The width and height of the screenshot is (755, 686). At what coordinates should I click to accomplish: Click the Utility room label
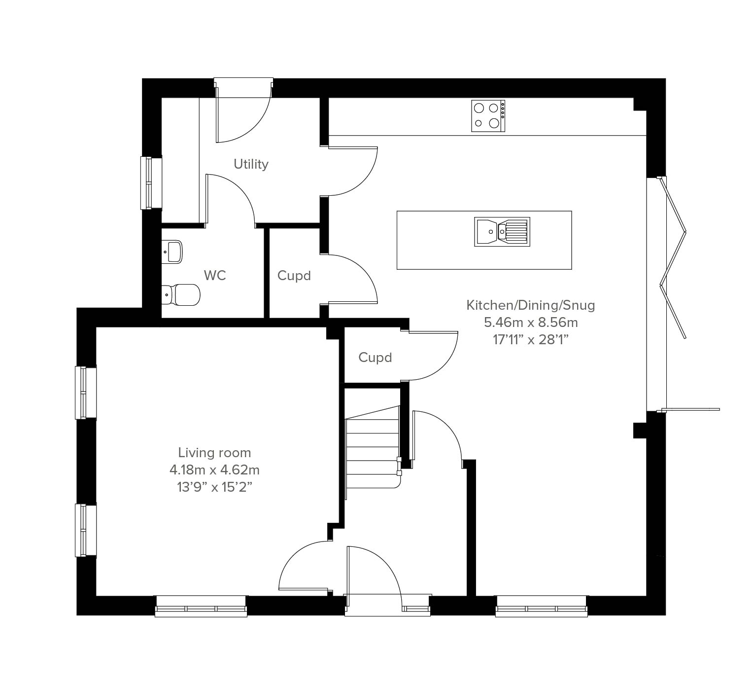(251, 164)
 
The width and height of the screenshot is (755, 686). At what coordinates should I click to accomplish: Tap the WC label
(215, 275)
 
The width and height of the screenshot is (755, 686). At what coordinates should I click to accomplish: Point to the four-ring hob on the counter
(488, 116)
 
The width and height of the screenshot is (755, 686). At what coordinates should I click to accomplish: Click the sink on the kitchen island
(502, 232)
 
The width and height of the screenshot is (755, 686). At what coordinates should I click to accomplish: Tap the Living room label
(214, 452)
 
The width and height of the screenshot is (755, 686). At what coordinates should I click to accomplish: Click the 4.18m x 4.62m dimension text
(214, 470)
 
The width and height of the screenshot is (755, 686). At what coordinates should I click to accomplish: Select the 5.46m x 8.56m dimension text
(531, 322)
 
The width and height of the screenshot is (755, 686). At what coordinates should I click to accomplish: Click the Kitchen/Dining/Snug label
(531, 305)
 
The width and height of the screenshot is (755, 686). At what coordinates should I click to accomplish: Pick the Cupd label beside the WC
(294, 276)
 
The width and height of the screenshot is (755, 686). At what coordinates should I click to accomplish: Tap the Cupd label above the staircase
(375, 357)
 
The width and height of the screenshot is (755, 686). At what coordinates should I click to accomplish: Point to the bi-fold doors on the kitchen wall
(673, 257)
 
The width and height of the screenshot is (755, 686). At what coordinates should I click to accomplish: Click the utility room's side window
(151, 182)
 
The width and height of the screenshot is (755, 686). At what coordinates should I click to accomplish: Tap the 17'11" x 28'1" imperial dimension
(531, 339)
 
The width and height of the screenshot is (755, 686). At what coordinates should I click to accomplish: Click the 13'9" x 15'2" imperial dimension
(214, 487)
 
